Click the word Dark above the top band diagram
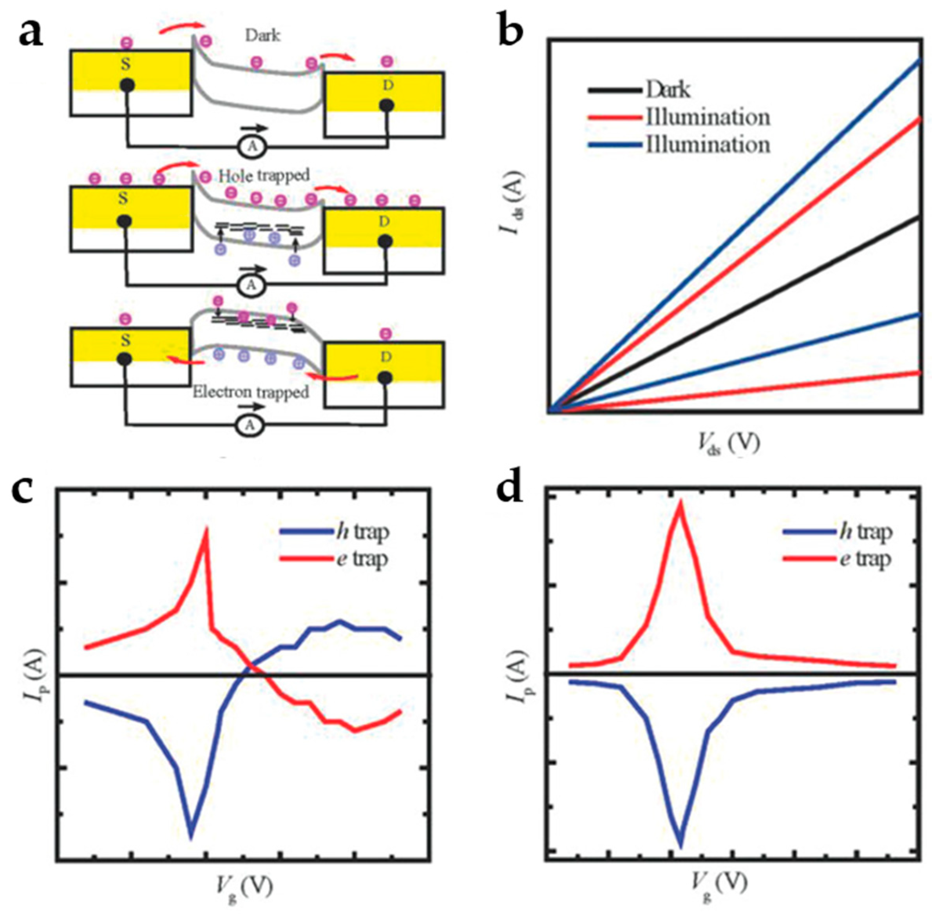(263, 36)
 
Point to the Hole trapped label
(264, 176)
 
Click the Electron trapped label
(250, 392)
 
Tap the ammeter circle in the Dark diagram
(252, 147)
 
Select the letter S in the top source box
(125, 64)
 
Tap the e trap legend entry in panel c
(362, 559)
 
